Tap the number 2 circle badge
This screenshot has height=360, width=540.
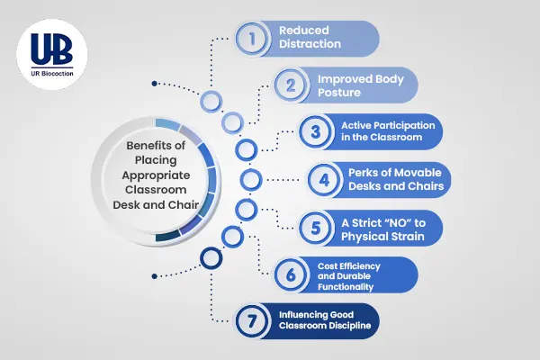coord(291,86)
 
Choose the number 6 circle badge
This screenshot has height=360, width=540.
coord(291,274)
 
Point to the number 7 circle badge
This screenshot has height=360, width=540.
coord(252,321)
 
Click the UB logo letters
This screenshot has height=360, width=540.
coord(48,47)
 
